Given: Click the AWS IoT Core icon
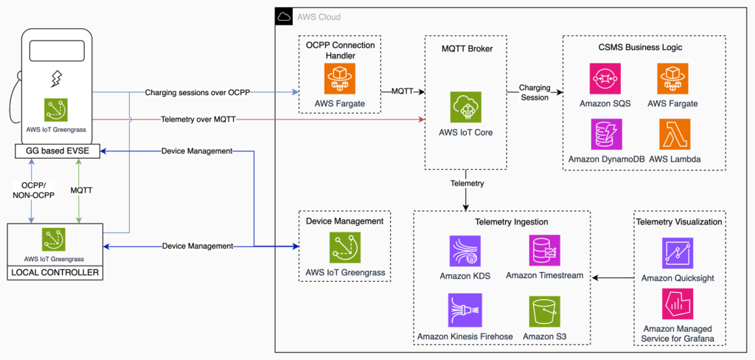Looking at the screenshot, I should (x=466, y=107).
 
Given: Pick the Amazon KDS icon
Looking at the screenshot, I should (x=465, y=251).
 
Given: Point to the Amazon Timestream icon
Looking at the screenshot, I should (x=545, y=251).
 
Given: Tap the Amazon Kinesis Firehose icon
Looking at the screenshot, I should (x=465, y=311).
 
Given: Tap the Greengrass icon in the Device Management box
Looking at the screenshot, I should (x=345, y=248).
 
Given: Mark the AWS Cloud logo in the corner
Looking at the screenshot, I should (x=284, y=16).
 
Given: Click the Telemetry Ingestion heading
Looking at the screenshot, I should (x=501, y=221).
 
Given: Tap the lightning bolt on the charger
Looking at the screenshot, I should (x=56, y=77).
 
